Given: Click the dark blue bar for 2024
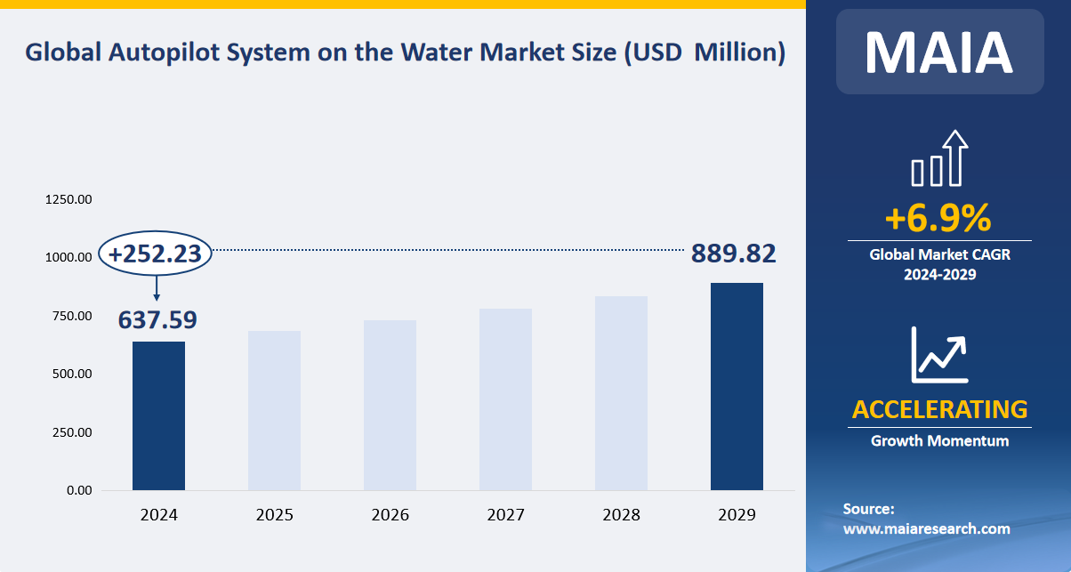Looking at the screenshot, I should coord(158,415).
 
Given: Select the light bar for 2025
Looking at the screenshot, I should coord(274,410).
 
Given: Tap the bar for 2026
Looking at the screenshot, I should coord(390,405).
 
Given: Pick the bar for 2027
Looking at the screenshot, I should coord(505,399).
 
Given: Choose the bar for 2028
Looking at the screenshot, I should coord(621,393).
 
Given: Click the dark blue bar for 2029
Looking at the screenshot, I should coord(737,386).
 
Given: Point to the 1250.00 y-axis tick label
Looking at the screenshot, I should coord(68,199).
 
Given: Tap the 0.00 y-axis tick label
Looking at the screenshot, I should coord(78,490).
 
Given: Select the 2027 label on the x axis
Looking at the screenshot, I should coord(505,515).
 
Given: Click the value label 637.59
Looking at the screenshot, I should coord(157,319).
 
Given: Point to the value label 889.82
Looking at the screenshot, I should coord(733,254).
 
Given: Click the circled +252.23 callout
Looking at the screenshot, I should coord(156,254).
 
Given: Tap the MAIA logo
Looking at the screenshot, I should coord(939,52).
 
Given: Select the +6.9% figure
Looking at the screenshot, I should coord(938,218).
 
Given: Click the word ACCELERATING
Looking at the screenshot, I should coord(939,409).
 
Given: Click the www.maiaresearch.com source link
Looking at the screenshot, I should coord(926,528).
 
